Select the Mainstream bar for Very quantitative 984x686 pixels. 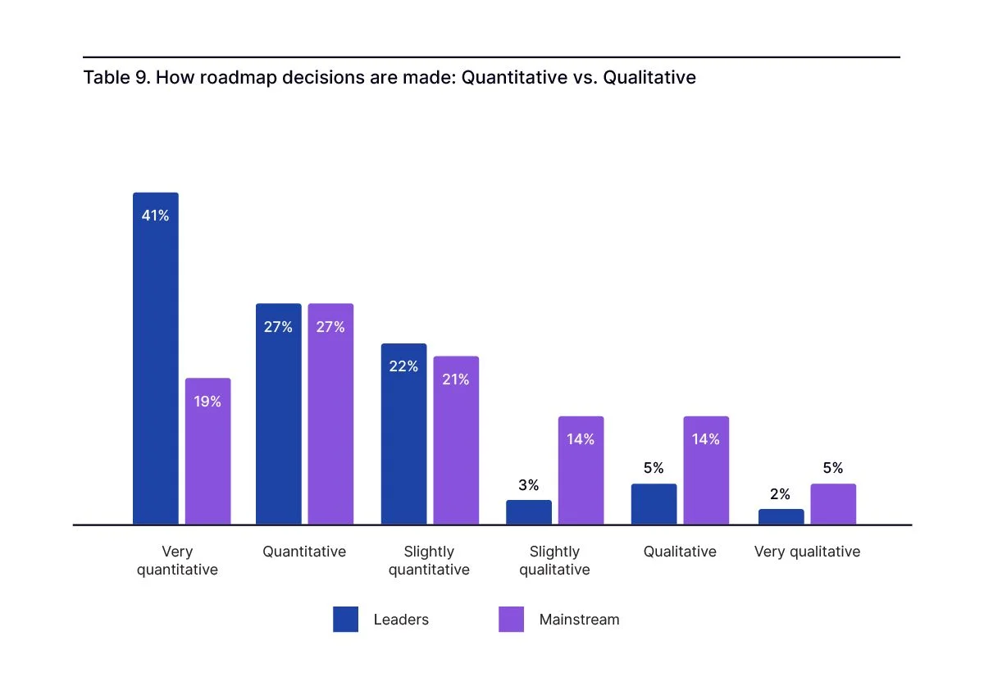click(x=207, y=451)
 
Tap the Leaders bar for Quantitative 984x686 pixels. click(x=279, y=414)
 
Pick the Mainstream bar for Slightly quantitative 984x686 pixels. click(x=456, y=440)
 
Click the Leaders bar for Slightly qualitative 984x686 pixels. click(x=529, y=512)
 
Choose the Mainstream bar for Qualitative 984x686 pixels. click(x=706, y=470)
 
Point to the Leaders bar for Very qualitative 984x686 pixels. click(x=781, y=516)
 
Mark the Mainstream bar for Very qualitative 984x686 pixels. click(x=833, y=504)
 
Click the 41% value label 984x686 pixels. click(x=156, y=216)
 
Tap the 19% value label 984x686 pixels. click(x=207, y=402)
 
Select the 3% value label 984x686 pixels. click(x=529, y=485)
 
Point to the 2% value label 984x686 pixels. click(x=781, y=494)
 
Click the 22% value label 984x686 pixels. click(x=403, y=366)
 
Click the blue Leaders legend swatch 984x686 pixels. click(x=346, y=620)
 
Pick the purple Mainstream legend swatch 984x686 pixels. click(x=512, y=620)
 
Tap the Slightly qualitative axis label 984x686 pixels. click(x=554, y=561)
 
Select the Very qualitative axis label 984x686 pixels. click(x=807, y=552)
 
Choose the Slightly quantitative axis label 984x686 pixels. click(x=429, y=561)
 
